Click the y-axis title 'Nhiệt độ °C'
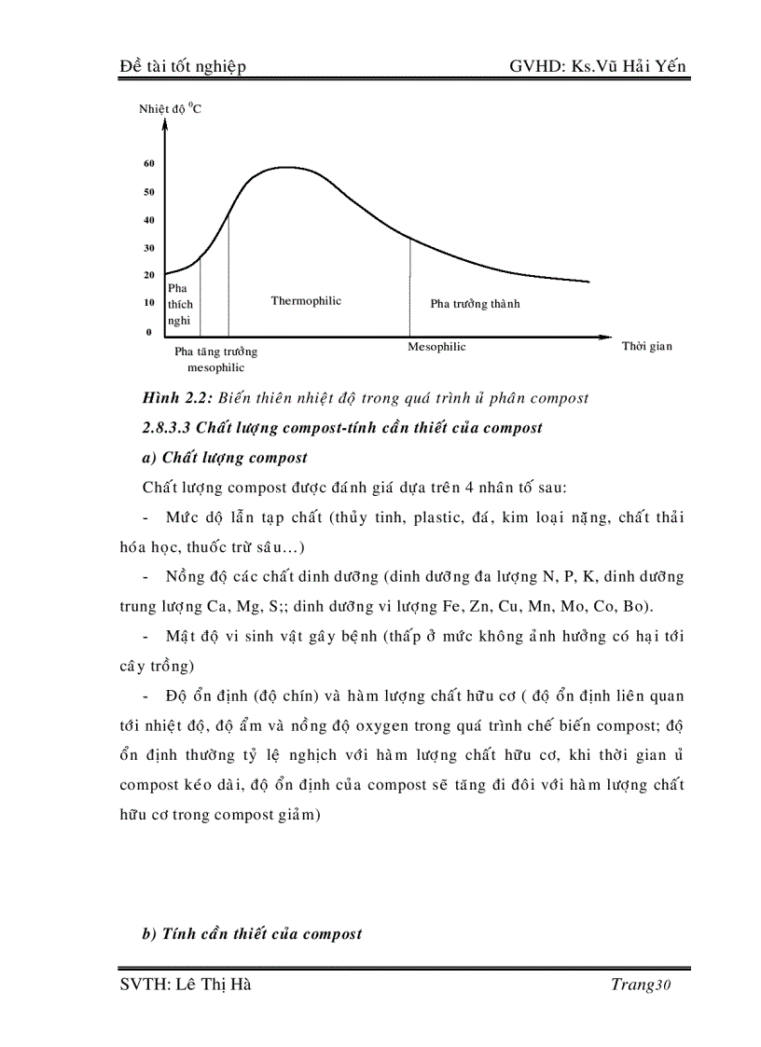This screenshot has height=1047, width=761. coord(171,109)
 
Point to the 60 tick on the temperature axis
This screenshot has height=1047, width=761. coord(148,164)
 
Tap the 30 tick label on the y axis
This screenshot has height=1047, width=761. coord(148,248)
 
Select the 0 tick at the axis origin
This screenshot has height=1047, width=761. coord(148,332)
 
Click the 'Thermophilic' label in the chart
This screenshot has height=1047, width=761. coord(306,301)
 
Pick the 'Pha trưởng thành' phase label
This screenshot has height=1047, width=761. coord(475,304)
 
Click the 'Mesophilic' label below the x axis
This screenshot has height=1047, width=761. coord(436,348)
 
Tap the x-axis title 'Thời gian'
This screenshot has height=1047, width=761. coord(646,347)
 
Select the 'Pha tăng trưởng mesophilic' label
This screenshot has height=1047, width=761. coord(215,360)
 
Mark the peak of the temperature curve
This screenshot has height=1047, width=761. coord(284,168)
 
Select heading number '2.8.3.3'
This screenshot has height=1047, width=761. coord(173,428)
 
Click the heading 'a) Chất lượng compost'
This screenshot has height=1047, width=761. coord(225,458)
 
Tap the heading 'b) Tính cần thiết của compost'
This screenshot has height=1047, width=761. coord(252,934)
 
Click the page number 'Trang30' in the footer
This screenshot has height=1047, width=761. coord(642,986)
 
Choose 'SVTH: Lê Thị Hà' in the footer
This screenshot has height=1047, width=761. coord(186,986)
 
